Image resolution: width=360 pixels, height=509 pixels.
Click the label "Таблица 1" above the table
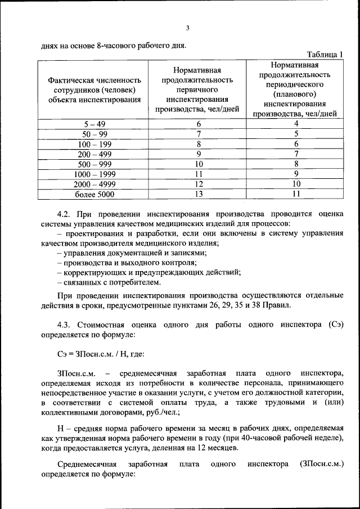(325, 54)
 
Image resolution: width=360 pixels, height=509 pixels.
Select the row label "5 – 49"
(94, 124)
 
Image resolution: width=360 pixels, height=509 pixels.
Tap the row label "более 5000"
(94, 195)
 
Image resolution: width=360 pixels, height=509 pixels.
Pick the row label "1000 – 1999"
(94, 174)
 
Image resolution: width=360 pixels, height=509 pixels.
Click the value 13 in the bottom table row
(198, 195)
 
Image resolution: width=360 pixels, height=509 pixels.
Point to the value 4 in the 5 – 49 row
(295, 124)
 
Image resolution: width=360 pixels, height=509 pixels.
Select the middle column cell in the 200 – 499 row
(198, 154)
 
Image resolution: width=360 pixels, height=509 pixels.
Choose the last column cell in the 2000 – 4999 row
(295, 184)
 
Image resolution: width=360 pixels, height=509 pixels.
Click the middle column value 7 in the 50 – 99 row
(198, 134)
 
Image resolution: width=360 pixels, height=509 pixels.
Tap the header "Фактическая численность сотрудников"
(94, 85)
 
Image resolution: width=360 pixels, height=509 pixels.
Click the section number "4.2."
(65, 214)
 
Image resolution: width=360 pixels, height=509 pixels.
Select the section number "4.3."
(65, 325)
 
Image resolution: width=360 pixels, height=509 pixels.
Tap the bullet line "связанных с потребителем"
(110, 282)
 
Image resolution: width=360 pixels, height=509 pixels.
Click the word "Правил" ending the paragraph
(280, 305)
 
